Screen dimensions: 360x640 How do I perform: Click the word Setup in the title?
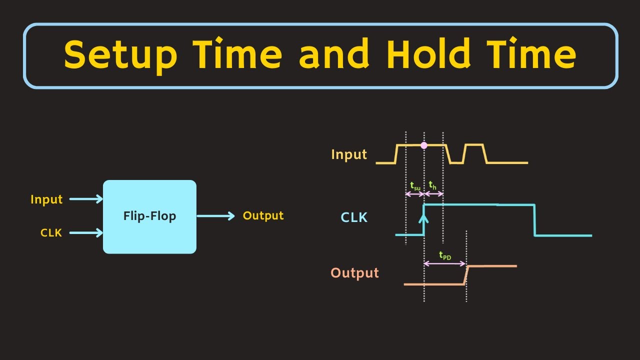[x=120, y=55]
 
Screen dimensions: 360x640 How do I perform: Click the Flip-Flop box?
[x=149, y=216]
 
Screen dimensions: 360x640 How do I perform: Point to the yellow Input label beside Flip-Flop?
[x=46, y=199]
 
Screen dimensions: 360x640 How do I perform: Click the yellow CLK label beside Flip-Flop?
[x=51, y=232]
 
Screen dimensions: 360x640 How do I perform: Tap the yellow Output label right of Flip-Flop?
[x=263, y=215]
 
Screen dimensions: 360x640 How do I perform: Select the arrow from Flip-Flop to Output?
[x=215, y=216]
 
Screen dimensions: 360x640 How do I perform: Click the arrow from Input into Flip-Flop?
[x=86, y=199]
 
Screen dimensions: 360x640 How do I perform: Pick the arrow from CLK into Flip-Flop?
[x=86, y=232]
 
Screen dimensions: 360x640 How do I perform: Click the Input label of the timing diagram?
[x=349, y=154]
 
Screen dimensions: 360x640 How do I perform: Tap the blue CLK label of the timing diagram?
[x=354, y=217]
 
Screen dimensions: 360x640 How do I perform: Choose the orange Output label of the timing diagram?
[x=354, y=273]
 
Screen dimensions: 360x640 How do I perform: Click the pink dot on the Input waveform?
[x=424, y=145]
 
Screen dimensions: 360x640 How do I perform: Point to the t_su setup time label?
[x=415, y=186]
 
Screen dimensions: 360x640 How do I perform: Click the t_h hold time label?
[x=433, y=186]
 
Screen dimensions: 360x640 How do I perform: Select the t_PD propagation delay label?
[x=444, y=255]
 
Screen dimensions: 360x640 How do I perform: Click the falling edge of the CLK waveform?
[x=534, y=220]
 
